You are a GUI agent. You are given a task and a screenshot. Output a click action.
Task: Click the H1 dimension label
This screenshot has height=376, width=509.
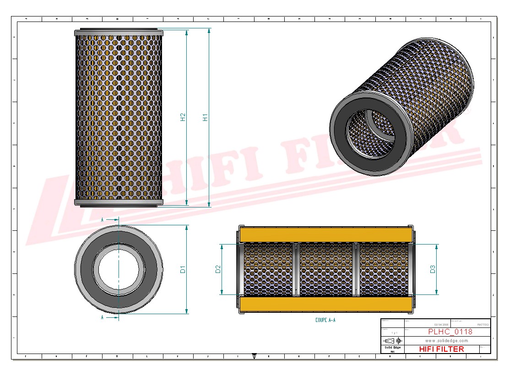point(206,117)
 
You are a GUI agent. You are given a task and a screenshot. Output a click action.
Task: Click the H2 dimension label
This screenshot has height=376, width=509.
point(183,117)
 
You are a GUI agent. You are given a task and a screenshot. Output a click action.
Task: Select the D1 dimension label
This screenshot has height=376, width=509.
point(183,269)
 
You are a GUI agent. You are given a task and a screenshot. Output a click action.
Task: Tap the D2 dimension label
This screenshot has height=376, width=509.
point(218,269)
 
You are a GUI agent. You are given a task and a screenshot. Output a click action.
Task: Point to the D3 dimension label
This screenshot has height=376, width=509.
point(433,269)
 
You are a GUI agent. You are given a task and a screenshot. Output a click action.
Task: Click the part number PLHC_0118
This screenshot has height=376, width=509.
point(450,332)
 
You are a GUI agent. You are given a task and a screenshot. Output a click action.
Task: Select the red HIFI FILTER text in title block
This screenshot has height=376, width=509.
point(441,349)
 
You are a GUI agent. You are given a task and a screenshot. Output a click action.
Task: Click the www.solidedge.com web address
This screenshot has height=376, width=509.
point(446,341)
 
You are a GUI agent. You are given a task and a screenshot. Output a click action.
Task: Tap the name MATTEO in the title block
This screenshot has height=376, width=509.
point(482,324)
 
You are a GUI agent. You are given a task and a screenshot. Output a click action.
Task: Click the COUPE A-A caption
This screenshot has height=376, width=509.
point(325,320)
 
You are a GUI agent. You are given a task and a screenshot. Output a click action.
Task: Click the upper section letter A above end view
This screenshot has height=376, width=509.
point(102,220)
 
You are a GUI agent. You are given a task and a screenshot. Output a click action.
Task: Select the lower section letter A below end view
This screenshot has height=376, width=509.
point(102,317)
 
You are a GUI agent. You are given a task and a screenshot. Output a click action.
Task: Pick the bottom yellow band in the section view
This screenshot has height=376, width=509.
point(325,305)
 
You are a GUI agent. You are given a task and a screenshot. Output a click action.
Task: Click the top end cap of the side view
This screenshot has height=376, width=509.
point(119,33)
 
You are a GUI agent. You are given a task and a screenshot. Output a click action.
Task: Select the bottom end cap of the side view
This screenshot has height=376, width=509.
point(119,203)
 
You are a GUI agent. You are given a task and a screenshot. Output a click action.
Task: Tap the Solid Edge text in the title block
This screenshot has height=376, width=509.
point(392,348)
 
